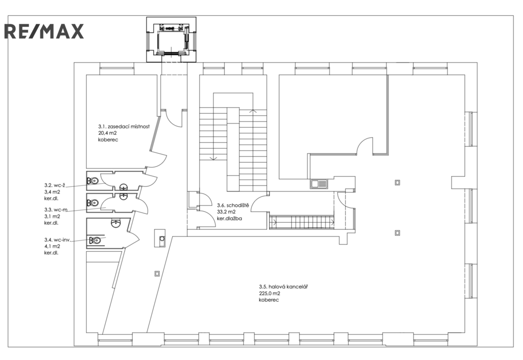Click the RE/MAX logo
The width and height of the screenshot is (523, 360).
44,31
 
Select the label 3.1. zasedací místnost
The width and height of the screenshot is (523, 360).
124,127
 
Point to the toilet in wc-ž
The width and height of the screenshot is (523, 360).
93,181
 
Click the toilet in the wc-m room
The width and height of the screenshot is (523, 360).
93,202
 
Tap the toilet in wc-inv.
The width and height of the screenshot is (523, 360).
95,240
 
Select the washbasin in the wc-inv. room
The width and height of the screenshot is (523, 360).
115,222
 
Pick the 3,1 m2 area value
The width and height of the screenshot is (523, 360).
52,216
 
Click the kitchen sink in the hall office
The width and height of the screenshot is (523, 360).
319,184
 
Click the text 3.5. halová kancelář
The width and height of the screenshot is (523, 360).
283,286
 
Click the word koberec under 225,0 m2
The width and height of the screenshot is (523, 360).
269,300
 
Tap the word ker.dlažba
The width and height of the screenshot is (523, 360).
229,219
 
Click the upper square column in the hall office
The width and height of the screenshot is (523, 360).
397,182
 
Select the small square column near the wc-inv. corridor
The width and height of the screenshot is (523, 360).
157,274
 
